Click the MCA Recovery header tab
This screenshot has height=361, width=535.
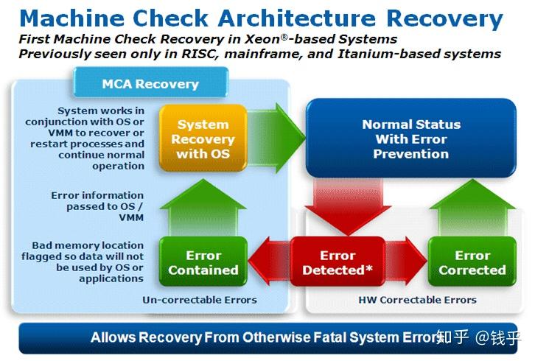(150, 83)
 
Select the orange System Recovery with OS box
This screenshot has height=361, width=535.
(203, 139)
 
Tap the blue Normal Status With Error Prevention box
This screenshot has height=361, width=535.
(411, 139)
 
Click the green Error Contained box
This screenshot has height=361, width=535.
(203, 262)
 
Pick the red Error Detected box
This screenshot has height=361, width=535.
(338, 262)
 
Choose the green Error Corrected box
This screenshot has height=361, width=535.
(472, 262)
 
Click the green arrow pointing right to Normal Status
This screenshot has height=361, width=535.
(276, 138)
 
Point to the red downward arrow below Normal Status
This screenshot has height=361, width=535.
(348, 206)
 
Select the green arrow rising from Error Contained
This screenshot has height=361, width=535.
(203, 208)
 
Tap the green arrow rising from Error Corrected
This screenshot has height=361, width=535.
(472, 208)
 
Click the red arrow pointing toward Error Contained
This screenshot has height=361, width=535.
(269, 262)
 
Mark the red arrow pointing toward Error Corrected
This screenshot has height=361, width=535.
(406, 262)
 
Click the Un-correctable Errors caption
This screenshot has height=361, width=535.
(200, 300)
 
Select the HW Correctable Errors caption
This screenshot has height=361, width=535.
(418, 300)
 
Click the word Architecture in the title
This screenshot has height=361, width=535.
(297, 18)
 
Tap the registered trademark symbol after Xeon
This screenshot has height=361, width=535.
(284, 37)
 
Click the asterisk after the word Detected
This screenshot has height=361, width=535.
(369, 268)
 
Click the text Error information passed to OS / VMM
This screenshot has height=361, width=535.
(97, 206)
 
